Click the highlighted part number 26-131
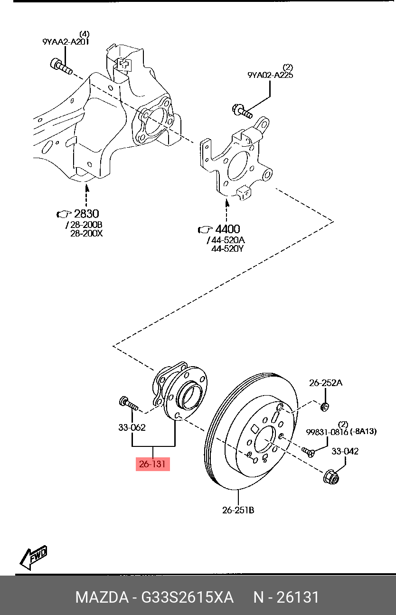pos(152,464)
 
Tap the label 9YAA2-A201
pos(66,42)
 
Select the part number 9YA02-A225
pos(270,75)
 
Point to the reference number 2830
pos(86,214)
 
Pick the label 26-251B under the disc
pos(238,510)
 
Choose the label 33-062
pos(132,427)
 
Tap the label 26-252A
pos(325,383)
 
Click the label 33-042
pos(345,451)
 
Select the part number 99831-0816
pos(327,432)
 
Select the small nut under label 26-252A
pos(325,407)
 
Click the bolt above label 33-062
pos(128,404)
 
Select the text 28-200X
pos(86,233)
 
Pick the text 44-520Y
pos(227,248)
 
